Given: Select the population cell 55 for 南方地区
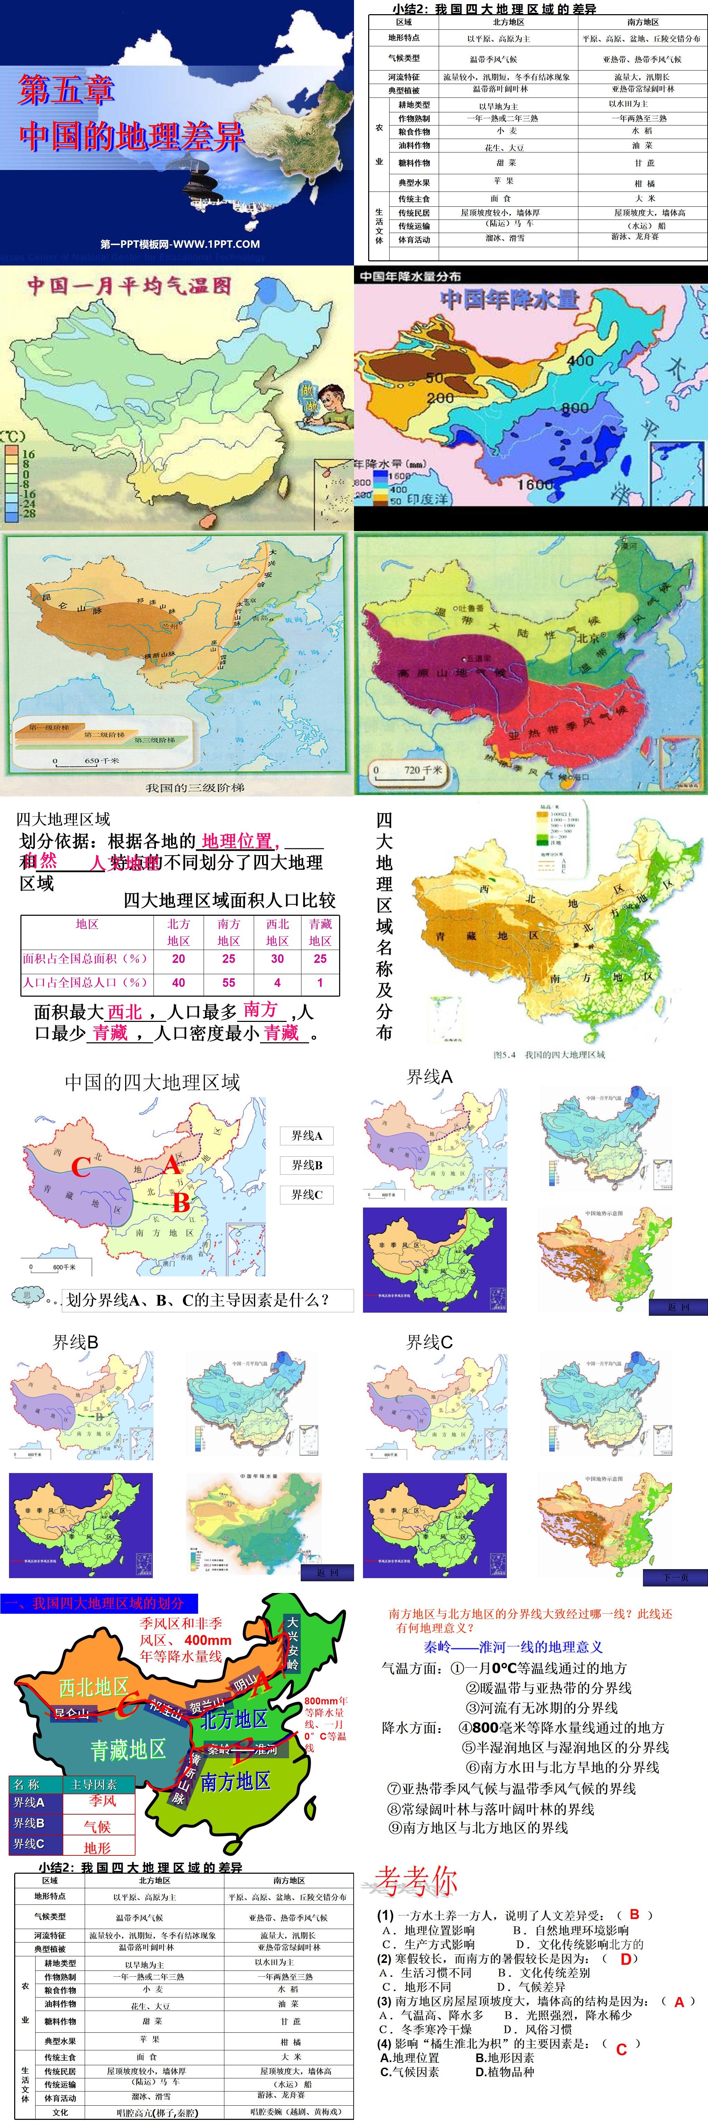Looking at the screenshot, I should (x=228, y=982).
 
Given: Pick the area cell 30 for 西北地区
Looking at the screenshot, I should (x=277, y=958).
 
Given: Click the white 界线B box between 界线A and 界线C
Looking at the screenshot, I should (x=307, y=1164).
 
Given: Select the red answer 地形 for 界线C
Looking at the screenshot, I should (x=96, y=1847).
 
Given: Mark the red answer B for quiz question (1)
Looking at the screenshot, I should (x=634, y=1914).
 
